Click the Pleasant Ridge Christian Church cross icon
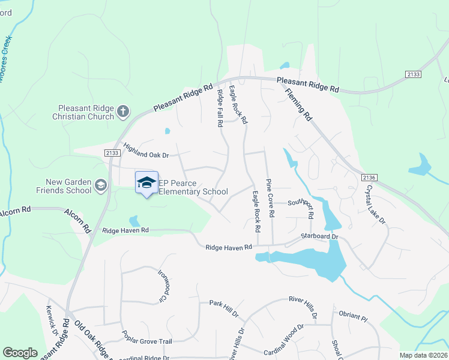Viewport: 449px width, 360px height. pyautogui.click(x=123, y=110)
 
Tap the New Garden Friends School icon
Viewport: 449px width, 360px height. pyautogui.click(x=101, y=184)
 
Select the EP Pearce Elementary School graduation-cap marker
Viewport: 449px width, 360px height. pyautogui.click(x=146, y=182)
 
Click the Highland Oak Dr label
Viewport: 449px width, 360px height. pyautogui.click(x=146, y=151)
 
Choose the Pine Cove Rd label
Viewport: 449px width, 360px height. pyautogui.click(x=270, y=197)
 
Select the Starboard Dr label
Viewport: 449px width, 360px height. pyautogui.click(x=320, y=237)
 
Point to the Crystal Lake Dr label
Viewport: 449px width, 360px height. pyautogui.click(x=376, y=204)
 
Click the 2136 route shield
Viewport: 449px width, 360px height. pyautogui.click(x=369, y=178)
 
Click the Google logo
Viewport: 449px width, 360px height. pyautogui.click(x=20, y=353)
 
